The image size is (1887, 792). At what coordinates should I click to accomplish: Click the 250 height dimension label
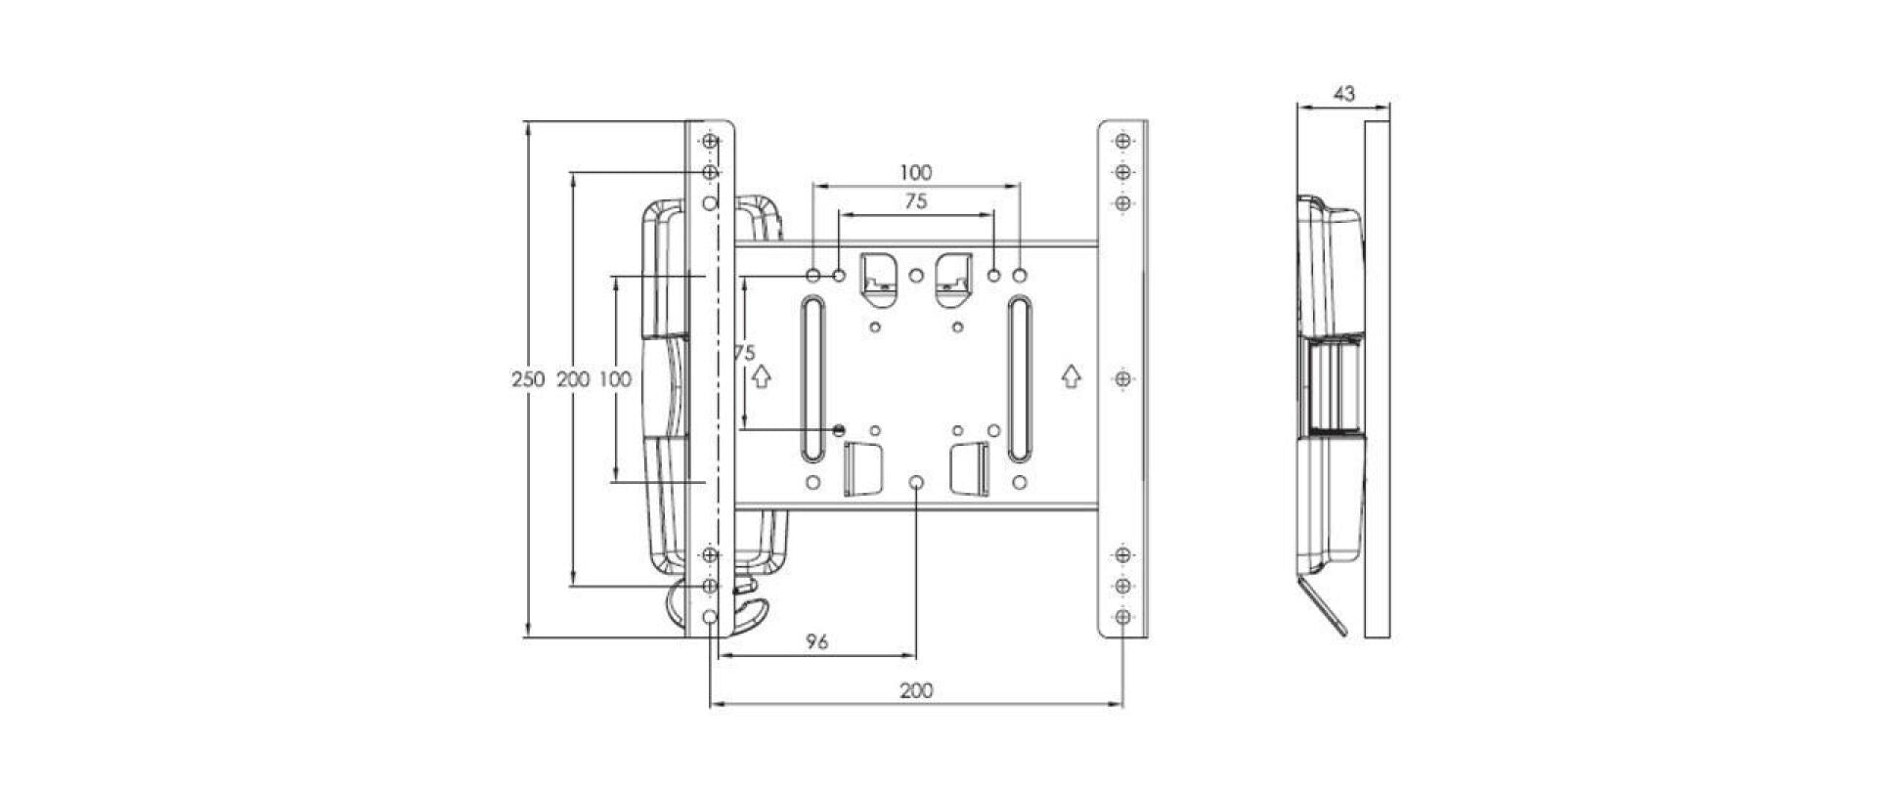pyautogui.click(x=528, y=379)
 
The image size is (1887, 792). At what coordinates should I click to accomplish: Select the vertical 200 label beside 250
pyautogui.click(x=573, y=379)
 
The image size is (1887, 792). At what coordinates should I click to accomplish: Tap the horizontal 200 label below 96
pyautogui.click(x=915, y=690)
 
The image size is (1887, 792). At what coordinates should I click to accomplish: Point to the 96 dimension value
pyautogui.click(x=817, y=641)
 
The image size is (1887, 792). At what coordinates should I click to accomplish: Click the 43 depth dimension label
pyautogui.click(x=1343, y=94)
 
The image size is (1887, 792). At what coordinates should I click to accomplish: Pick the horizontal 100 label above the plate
pyautogui.click(x=915, y=173)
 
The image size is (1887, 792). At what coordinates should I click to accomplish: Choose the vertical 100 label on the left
pyautogui.click(x=616, y=379)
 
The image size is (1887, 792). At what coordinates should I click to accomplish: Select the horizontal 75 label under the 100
pyautogui.click(x=915, y=202)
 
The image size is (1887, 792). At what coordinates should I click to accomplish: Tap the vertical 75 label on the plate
pyautogui.click(x=745, y=353)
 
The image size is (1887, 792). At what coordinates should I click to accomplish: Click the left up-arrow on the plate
pyautogui.click(x=764, y=374)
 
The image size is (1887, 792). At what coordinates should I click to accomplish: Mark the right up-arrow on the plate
pyautogui.click(x=1072, y=374)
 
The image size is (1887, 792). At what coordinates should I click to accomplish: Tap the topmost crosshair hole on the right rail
pyautogui.click(x=1123, y=142)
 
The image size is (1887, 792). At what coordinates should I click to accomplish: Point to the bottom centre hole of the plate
pyautogui.click(x=916, y=483)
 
